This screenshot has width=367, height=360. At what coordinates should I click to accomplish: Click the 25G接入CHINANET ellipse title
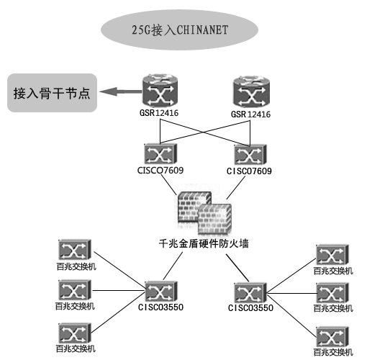179,30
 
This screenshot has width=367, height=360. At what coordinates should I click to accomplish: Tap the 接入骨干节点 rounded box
52,93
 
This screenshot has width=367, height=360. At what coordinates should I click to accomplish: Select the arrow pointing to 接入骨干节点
121,91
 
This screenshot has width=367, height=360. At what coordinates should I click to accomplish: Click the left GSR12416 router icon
160,91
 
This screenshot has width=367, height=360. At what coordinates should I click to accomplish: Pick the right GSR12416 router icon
251,91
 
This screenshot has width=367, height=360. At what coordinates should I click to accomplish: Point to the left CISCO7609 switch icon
160,154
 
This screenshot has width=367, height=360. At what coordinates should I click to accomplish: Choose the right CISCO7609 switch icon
250,155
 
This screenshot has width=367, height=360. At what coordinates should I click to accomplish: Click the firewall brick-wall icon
204,212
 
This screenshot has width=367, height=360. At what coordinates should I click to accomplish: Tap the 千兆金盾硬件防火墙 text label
204,243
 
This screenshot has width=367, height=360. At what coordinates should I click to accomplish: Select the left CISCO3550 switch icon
161,292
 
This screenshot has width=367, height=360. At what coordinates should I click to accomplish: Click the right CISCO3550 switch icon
250,292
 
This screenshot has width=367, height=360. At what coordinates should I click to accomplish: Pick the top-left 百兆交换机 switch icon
75,250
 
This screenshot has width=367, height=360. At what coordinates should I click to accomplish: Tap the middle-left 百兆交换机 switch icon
75,290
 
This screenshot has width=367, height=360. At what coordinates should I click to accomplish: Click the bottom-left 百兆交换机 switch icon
75,333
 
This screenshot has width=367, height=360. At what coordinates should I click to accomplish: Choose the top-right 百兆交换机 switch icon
332,255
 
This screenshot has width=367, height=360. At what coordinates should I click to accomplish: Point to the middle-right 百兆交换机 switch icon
332,293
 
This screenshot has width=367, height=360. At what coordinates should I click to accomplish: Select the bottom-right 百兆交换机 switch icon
332,336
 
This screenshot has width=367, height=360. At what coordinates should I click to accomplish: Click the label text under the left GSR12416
159,113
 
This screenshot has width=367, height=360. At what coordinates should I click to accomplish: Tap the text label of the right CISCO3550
250,308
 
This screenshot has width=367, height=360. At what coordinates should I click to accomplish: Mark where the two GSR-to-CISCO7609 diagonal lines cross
204,132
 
